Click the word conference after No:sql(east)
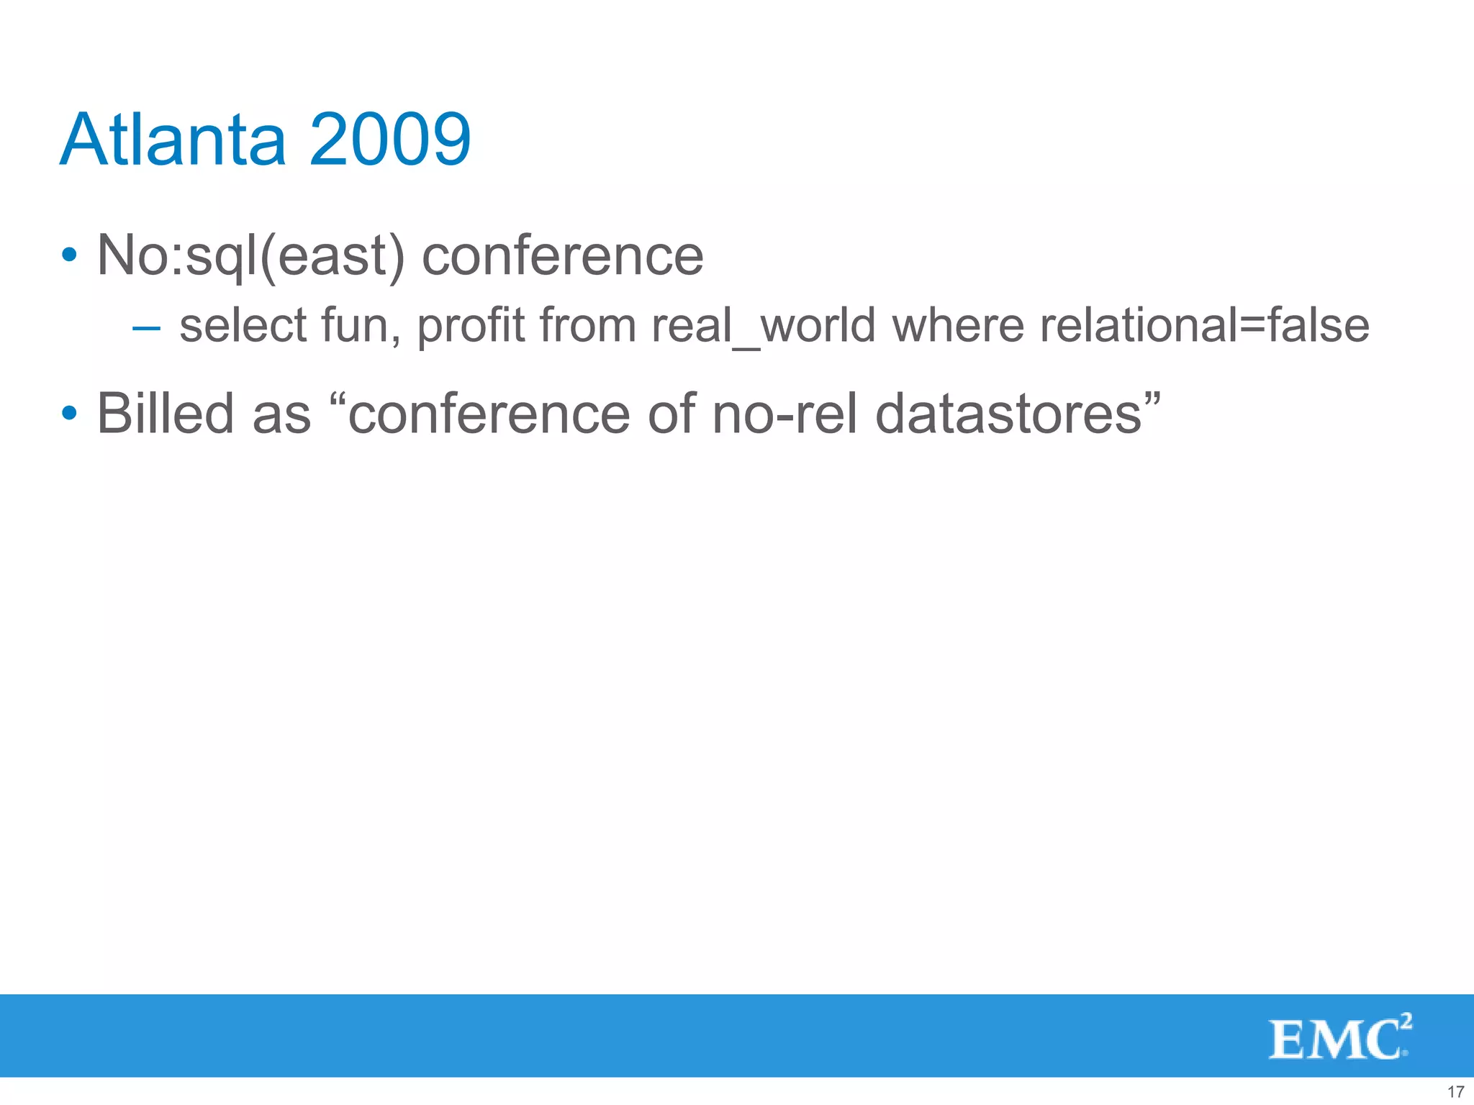562,256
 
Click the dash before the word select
146,329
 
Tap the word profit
471,325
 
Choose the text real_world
763,325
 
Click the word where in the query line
957,325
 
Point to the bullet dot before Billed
69,414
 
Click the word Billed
166,414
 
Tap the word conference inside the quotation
489,414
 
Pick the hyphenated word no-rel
785,414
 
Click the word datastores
1008,414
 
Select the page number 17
1455,1091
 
